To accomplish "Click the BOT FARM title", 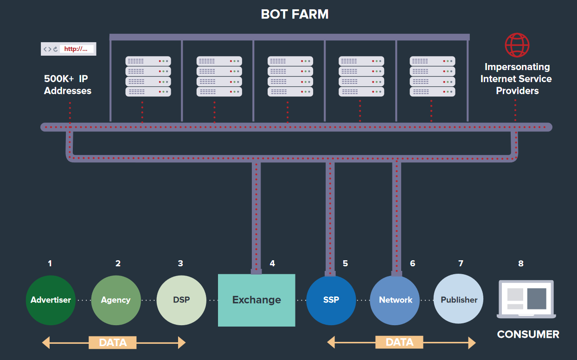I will (295, 14).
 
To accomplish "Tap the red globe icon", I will (517, 45).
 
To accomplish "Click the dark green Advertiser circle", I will (51, 300).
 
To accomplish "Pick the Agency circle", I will (115, 300).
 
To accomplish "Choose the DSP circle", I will (181, 300).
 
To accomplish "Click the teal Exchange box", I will (256, 300).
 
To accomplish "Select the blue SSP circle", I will (331, 300).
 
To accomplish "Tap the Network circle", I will (395, 300).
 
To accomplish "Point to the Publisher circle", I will (459, 300).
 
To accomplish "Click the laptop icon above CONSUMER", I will (526, 299).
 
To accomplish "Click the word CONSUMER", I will (528, 334).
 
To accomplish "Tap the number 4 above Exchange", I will (272, 264).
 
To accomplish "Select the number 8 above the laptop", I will (521, 264).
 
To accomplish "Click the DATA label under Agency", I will (113, 343).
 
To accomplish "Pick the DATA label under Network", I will (399, 342).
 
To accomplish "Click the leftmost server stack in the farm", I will (148, 76).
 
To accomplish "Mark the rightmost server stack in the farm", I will (432, 76).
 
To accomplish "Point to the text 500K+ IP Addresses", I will (68, 85).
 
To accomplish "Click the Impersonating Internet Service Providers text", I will (517, 79).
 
